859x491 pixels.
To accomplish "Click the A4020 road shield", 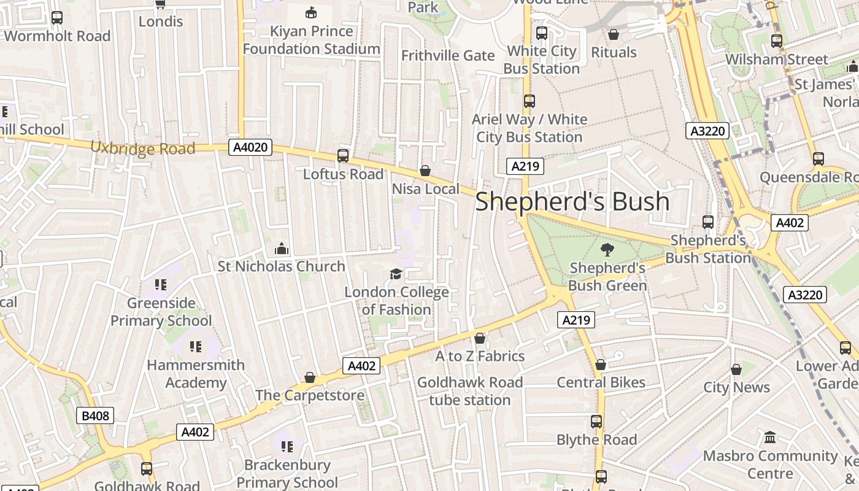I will (x=250, y=147).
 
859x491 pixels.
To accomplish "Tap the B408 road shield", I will (x=95, y=416).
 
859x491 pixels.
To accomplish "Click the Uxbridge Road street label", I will (x=143, y=148).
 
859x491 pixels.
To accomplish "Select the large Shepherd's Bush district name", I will (x=572, y=201).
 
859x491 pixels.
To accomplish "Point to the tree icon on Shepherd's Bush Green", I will (x=607, y=249).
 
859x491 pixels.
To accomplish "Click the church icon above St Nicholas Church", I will (x=282, y=249).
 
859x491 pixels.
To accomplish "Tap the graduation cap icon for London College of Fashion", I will (x=396, y=274).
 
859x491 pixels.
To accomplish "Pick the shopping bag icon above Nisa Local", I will (x=425, y=171).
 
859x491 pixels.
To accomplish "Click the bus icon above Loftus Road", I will (x=343, y=156).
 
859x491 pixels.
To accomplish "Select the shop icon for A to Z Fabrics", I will (x=480, y=338).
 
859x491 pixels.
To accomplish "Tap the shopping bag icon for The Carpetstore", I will (x=310, y=377).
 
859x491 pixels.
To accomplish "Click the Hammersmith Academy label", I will (x=196, y=374).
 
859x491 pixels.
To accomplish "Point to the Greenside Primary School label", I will (x=161, y=312).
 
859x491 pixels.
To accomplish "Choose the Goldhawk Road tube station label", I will (x=470, y=392).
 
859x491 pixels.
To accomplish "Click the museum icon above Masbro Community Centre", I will (x=770, y=438).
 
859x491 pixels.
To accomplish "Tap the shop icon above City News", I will (x=736, y=369).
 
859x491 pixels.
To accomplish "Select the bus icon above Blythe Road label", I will (x=596, y=422).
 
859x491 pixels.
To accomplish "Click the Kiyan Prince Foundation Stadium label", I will (x=312, y=40).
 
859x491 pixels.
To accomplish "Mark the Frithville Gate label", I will (x=448, y=56).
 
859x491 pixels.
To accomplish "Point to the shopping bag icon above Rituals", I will (x=614, y=34).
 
